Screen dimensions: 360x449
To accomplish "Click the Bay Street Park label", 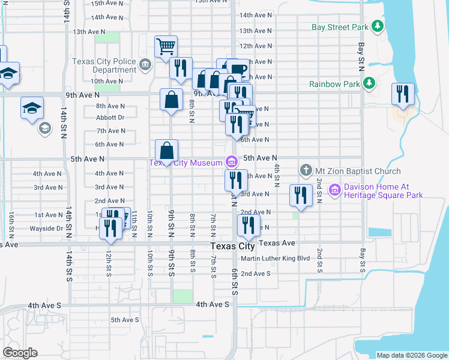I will [340, 27].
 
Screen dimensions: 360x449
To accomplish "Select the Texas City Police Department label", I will [104, 65].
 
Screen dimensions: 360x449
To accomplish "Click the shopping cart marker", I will [166, 46].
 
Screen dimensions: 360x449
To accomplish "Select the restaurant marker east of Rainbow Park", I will [402, 94].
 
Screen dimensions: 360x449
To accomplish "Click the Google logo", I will [20, 353].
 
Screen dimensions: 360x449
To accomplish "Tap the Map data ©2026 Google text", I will [411, 355].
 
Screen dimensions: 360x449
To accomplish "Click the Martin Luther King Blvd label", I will [275, 259].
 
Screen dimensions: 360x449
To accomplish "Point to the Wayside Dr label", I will [47, 228].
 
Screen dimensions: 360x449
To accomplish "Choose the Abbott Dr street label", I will [110, 118].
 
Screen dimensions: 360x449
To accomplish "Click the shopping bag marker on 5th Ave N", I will [167, 151].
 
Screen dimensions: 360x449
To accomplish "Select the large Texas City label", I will [233, 247].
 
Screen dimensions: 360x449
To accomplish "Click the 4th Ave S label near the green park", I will [212, 304].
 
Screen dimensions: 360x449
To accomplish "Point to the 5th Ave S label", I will [125, 320].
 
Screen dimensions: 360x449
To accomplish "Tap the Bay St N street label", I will [362, 53].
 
